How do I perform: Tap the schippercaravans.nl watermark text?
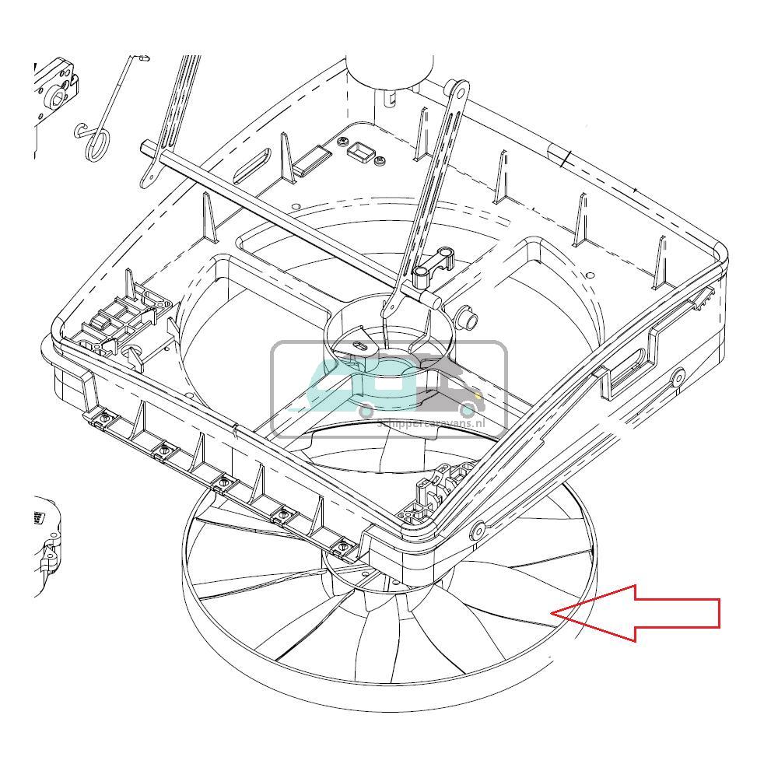coord(430,422)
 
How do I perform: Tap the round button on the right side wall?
coord(678,377)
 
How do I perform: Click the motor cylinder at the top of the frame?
coord(389,74)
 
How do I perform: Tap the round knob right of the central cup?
coord(469,318)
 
